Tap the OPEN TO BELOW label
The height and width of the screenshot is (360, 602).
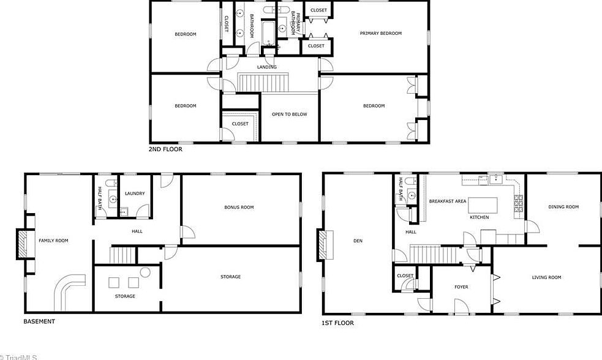tap(290, 114)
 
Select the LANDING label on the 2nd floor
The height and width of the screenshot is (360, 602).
tap(266, 67)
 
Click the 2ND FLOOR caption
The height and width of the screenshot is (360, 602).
tap(165, 149)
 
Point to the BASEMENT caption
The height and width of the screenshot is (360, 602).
tap(39, 321)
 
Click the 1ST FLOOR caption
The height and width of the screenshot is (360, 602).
tap(337, 323)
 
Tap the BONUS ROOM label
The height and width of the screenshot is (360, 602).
tap(239, 208)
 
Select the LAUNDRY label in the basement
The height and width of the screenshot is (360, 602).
tap(135, 193)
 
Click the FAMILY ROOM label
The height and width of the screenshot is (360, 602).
tap(53, 241)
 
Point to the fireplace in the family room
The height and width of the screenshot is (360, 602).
tap(22, 244)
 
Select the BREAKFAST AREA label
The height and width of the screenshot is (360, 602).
tap(448, 201)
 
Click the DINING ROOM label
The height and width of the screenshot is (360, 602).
tap(563, 207)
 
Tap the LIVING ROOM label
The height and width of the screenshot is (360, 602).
tap(546, 277)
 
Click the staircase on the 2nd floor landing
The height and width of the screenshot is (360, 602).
tap(263, 81)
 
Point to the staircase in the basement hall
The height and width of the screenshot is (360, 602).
tap(122, 255)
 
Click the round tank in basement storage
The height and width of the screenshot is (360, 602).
tap(145, 272)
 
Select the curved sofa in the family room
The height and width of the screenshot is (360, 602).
tap(67, 289)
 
